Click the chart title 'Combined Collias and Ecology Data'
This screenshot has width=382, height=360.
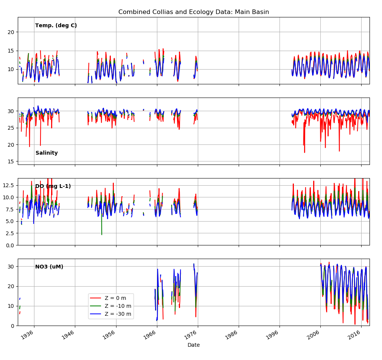pos(194,12)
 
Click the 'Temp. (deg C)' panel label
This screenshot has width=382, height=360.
pos(56,26)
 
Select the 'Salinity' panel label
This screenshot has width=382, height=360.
pos(47,153)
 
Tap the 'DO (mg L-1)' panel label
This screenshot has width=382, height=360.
pos(53,186)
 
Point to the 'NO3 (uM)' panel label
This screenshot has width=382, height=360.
pos(49,267)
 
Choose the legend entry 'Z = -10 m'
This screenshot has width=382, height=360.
pos(118,306)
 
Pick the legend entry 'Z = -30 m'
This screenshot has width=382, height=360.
pos(118,314)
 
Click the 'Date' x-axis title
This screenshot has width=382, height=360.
pos(194,345)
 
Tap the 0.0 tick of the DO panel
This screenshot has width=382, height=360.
pos(10,245)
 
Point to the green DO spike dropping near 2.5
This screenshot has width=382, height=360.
pos(102,234)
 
